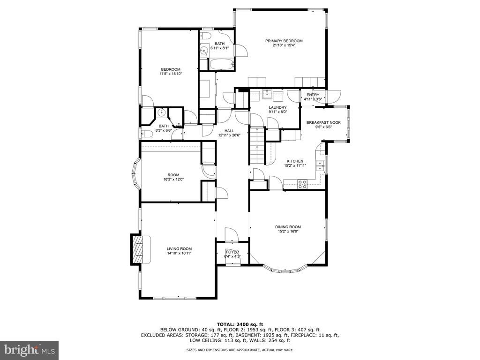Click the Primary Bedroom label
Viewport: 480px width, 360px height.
[x=284, y=41]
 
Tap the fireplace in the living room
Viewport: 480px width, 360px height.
[x=141, y=249]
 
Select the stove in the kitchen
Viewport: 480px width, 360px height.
[x=303, y=184]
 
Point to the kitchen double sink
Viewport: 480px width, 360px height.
[x=320, y=165]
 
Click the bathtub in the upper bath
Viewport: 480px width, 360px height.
[x=222, y=64]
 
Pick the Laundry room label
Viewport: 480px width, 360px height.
[x=277, y=107]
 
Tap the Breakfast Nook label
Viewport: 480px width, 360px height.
[x=323, y=122]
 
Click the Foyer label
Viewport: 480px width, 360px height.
[x=232, y=252]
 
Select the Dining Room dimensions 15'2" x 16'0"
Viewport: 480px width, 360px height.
[x=288, y=232]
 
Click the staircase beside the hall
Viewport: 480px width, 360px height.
[x=257, y=146]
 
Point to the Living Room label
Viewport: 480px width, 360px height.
[x=179, y=249]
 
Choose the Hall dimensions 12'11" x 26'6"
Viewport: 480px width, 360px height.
[x=229, y=135]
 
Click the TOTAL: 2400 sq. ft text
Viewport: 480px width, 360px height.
[x=240, y=324]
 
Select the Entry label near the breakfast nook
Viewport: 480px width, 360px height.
[x=313, y=95]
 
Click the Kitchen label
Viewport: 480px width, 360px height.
[x=295, y=161]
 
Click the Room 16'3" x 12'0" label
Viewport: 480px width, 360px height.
[x=173, y=177]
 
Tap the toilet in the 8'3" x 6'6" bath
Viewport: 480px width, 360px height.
[x=147, y=134]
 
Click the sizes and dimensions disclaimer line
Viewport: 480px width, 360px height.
[x=240, y=350]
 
